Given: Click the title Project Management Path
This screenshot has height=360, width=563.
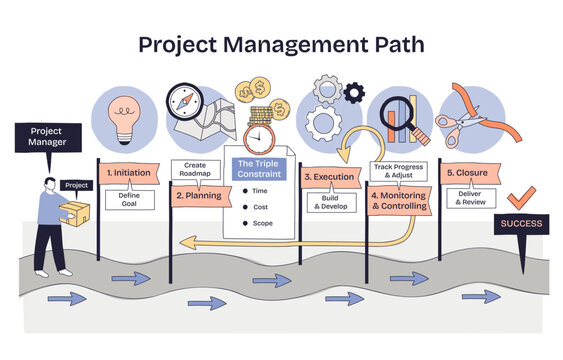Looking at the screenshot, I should (281, 45).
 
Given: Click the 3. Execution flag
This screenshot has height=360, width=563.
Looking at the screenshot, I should (329, 176).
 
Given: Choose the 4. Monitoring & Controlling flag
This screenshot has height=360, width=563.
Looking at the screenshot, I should (400, 201).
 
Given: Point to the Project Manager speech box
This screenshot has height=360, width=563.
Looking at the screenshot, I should (47, 137).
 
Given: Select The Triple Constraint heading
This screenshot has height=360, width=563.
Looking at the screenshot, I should (259, 168).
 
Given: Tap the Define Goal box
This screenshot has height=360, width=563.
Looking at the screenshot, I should (129, 200).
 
